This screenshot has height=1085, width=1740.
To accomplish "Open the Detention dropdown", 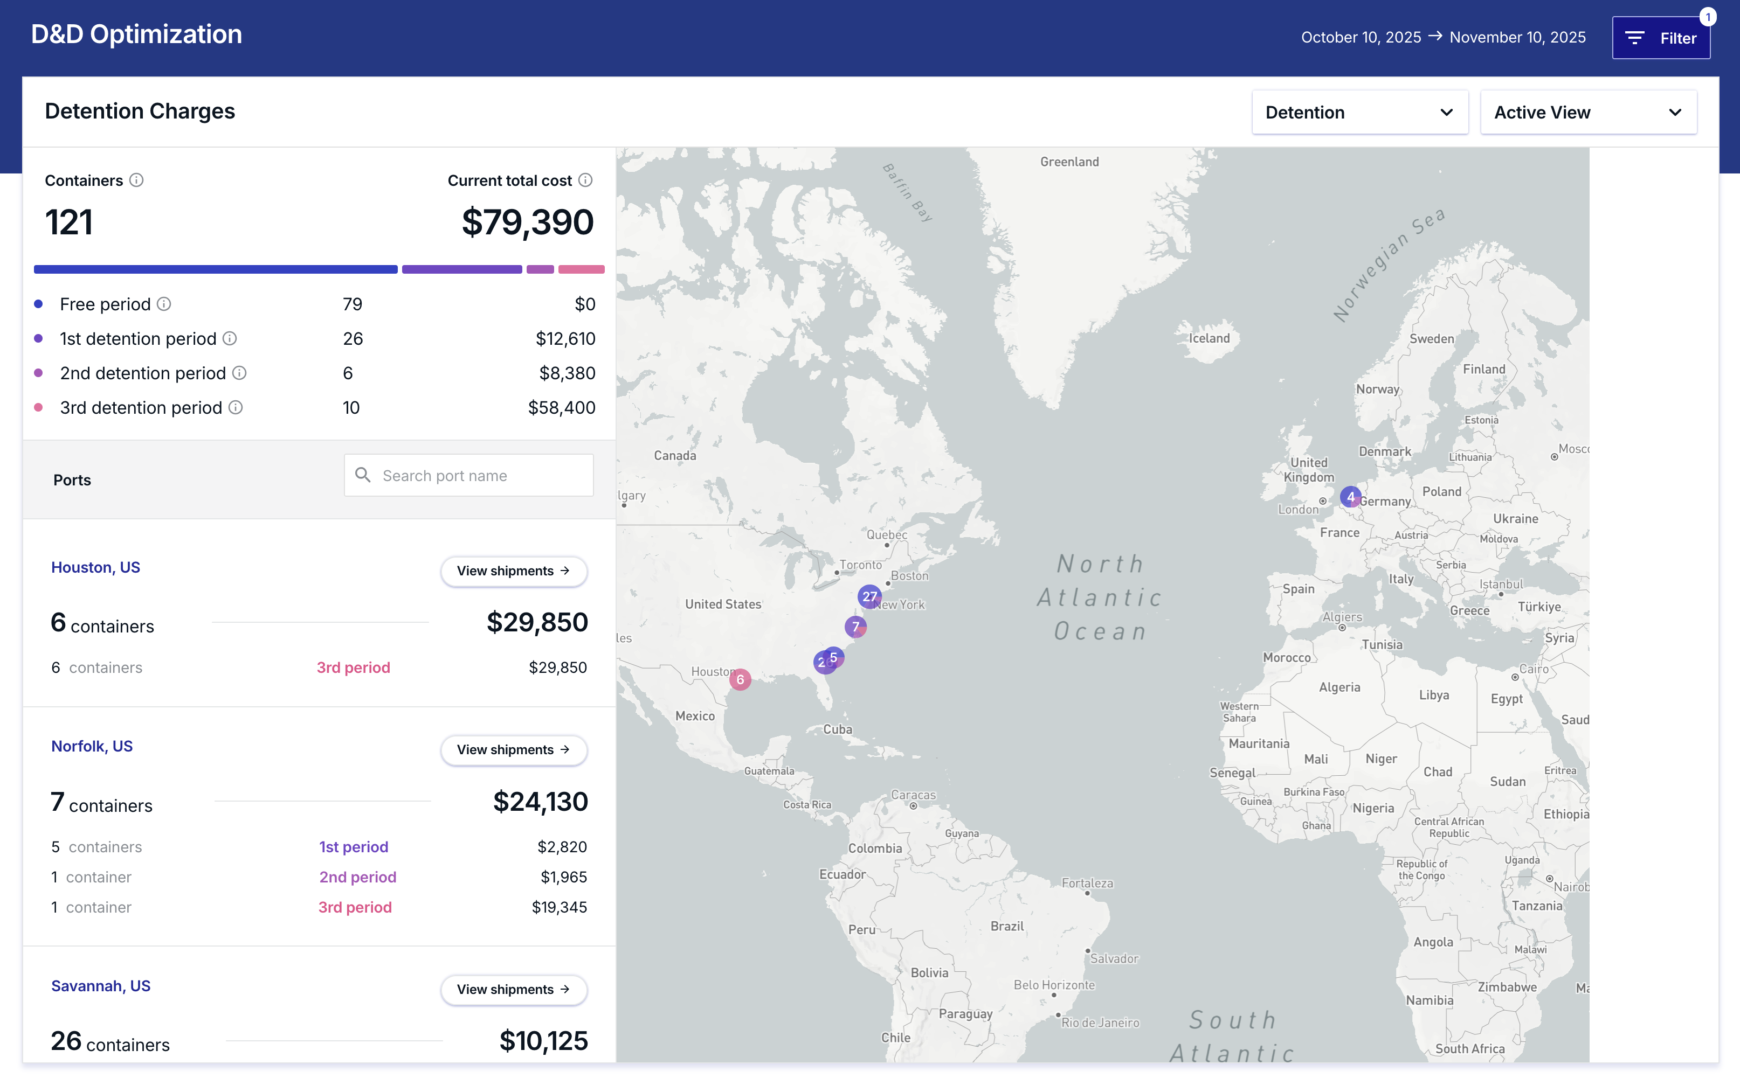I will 1359,113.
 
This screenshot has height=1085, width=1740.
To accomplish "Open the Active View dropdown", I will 1588,113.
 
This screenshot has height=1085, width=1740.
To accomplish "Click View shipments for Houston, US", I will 513,571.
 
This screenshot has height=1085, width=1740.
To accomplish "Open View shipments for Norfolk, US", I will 513,750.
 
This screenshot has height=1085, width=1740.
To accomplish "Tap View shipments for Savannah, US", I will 513,990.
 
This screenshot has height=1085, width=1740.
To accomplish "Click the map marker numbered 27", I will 869,596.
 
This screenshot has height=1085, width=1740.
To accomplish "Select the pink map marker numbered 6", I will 740,679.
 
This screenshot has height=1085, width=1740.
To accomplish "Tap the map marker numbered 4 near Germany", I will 1350,497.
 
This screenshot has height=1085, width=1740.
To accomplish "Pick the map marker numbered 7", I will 855,627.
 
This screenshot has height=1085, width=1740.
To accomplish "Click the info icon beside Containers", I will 136,180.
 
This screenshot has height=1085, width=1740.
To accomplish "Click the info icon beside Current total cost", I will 585,180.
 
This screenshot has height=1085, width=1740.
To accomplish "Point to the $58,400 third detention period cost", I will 561,408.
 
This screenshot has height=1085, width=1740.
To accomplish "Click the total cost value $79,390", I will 528,222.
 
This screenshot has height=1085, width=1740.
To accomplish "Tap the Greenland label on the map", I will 1069,162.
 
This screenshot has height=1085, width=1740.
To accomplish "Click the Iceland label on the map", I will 1209,338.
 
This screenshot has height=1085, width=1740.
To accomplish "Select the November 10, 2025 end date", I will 1517,37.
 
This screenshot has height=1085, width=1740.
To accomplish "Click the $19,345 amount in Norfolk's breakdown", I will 559,907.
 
